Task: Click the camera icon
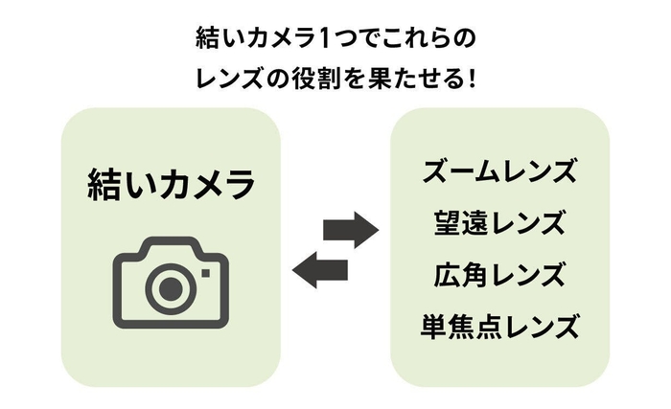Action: click(x=171, y=280)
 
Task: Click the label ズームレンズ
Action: click(x=499, y=171)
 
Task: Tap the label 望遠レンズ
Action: click(x=499, y=224)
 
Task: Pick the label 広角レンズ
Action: click(x=499, y=276)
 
